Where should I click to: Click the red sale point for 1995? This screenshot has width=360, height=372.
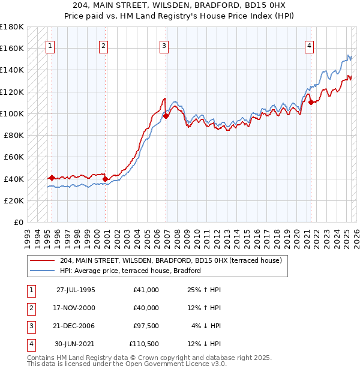click(52, 178)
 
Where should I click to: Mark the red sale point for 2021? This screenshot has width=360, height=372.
click(311, 102)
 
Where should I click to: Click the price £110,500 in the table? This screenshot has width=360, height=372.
click(144, 344)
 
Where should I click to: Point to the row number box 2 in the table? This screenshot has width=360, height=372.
click(29, 308)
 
